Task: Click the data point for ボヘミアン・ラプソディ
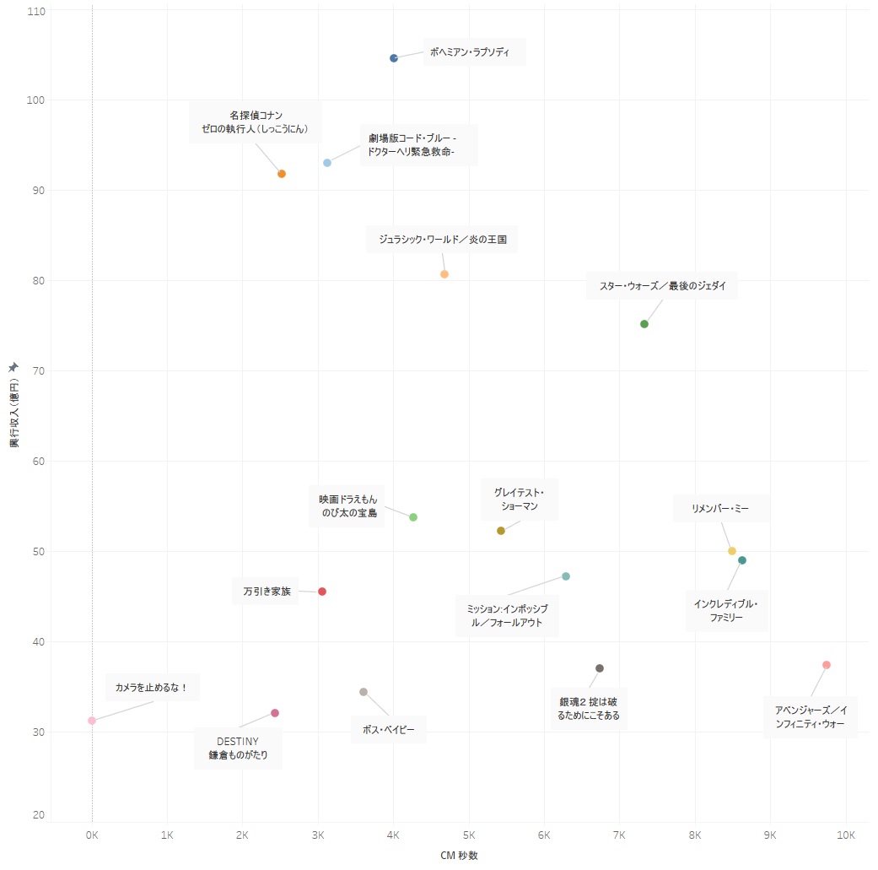pos(394,58)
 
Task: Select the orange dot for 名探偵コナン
pos(282,174)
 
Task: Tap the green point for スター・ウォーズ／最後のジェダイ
pos(644,324)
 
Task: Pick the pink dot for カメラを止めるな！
pos(92,721)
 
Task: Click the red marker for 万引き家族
pos(322,592)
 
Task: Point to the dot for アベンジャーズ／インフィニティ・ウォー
pos(827,665)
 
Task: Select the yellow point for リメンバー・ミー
pos(732,551)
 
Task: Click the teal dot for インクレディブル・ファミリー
pos(742,560)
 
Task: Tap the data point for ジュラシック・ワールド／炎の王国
pos(444,274)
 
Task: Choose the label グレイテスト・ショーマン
pos(520,500)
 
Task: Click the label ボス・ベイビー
pos(388,729)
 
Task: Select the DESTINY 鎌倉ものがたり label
pos(238,748)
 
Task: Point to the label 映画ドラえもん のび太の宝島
pos(347,506)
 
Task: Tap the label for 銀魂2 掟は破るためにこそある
pos(589,709)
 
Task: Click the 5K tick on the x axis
pos(469,835)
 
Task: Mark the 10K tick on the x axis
pos(845,835)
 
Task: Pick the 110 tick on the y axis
pos(35,10)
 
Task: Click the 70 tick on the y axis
pos(37,371)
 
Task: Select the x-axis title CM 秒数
pos(460,855)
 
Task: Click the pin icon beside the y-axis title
pos(13,366)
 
